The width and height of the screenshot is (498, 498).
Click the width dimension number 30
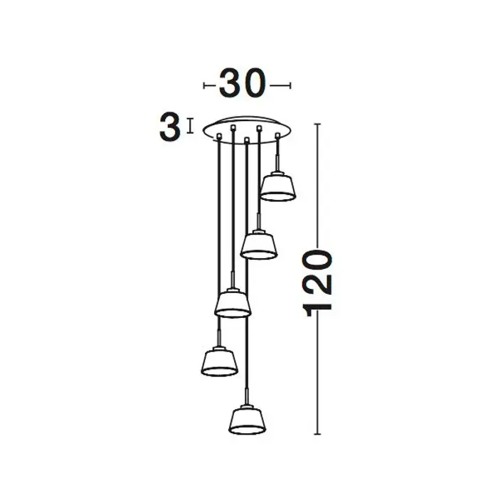tap(242, 83)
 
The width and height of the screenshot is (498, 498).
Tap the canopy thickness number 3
tap(169, 127)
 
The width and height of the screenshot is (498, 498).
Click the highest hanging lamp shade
tap(278, 186)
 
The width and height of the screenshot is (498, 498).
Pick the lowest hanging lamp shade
tap(247, 420)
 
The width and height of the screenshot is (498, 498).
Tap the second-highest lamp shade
tap(258, 245)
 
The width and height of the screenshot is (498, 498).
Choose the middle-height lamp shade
tap(233, 303)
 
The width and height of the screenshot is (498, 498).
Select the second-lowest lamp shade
tap(219, 361)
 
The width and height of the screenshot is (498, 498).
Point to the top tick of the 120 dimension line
tap(317, 124)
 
